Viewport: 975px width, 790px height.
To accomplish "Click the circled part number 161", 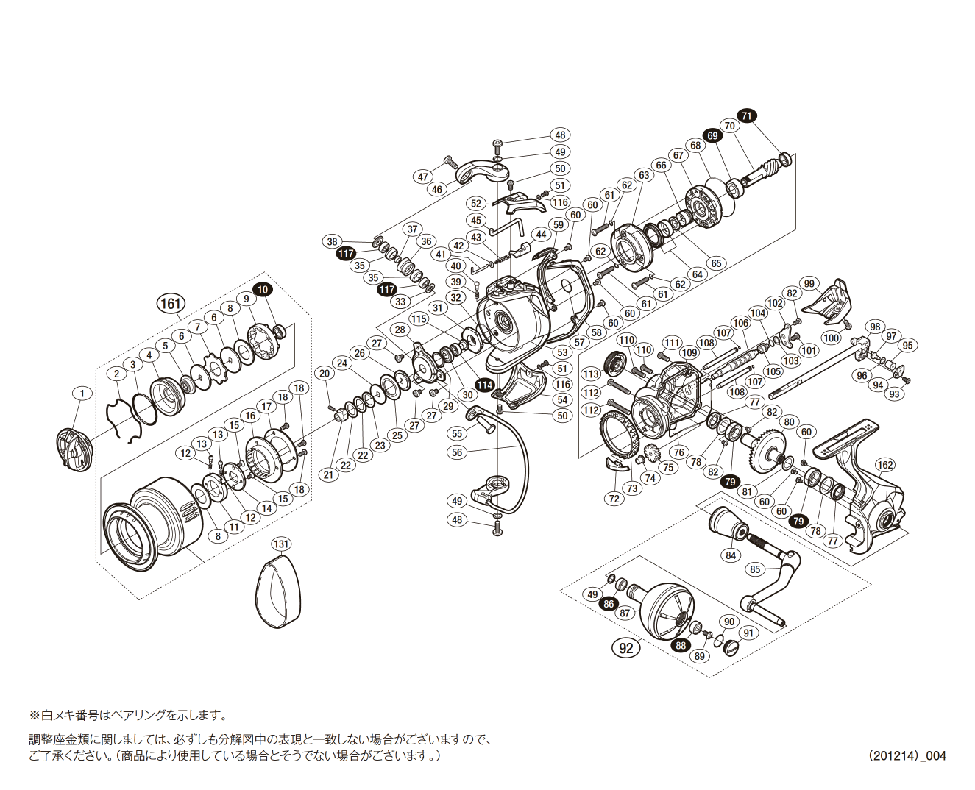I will [170, 303].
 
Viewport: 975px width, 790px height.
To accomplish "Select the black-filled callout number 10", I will [262, 289].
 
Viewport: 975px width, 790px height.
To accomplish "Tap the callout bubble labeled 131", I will [281, 544].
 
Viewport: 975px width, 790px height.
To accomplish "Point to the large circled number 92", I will [626, 648].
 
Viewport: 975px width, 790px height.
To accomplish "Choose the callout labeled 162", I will [885, 464].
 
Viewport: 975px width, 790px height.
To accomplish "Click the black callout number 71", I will [747, 115].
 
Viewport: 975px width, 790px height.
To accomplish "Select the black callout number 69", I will [712, 135].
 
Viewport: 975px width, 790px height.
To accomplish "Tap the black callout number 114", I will [484, 385].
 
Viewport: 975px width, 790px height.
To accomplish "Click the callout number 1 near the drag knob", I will [82, 394].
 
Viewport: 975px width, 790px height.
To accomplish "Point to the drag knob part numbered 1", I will [74, 449].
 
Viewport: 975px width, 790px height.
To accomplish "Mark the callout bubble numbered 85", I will [755, 569].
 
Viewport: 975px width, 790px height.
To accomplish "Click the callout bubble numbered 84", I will [731, 555].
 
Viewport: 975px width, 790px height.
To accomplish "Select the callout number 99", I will [809, 284].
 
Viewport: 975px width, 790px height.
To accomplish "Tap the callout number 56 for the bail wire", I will [458, 452].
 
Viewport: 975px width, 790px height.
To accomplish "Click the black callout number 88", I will [681, 645].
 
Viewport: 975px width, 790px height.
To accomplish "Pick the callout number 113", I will [591, 374].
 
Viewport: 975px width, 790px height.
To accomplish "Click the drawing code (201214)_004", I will [907, 755].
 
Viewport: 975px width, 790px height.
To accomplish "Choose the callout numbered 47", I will [423, 177].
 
